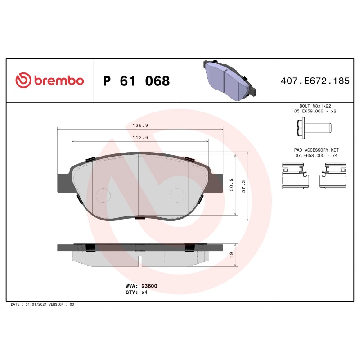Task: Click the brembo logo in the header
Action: (x=49, y=81)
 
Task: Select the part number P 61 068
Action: (x=136, y=81)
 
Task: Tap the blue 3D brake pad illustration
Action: (x=228, y=80)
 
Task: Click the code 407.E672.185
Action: (x=315, y=81)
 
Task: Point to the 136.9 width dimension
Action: (x=140, y=126)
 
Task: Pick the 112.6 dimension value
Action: (x=140, y=138)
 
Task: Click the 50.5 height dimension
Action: (x=232, y=184)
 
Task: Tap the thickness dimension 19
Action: (x=231, y=255)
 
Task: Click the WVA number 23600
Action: (x=149, y=286)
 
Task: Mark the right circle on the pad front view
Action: (x=176, y=195)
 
